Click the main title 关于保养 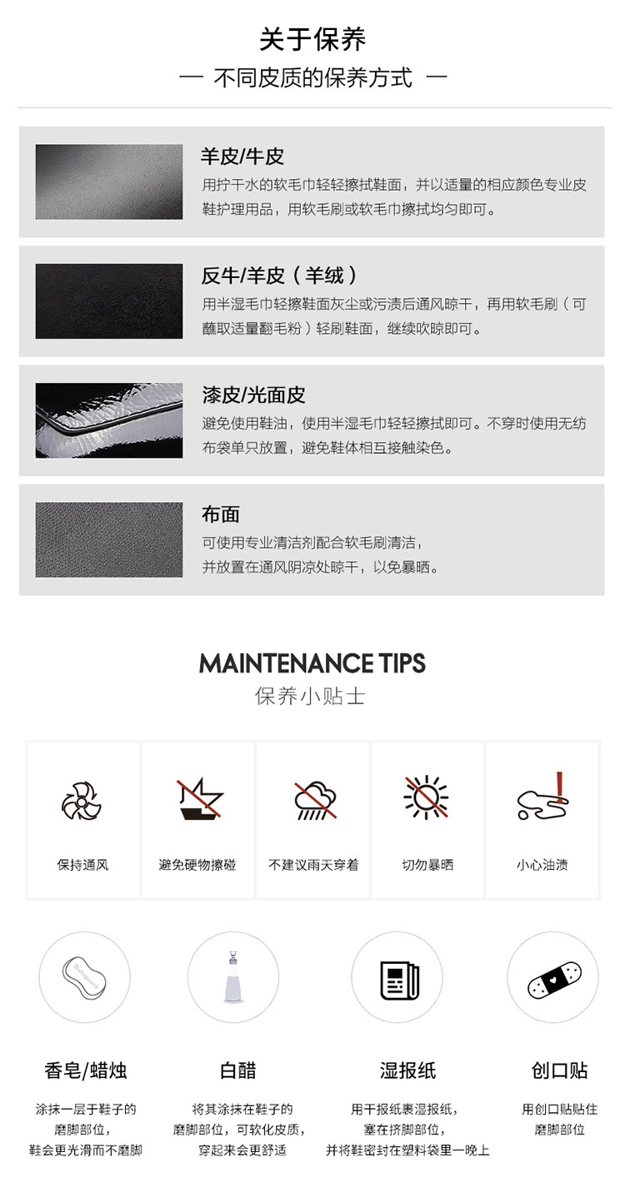312,39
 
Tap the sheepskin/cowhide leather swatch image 108,182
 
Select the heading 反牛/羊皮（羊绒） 280,276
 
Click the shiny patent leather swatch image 108,420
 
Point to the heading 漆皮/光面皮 253,395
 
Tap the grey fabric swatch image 108,539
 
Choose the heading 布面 221,514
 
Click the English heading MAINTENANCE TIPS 312,663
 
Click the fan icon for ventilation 82,802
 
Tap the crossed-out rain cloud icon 315,801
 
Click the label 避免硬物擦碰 197,865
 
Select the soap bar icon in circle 84,977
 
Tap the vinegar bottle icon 232,977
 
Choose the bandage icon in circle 553,977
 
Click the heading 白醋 238,1070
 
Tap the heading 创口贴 559,1070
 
